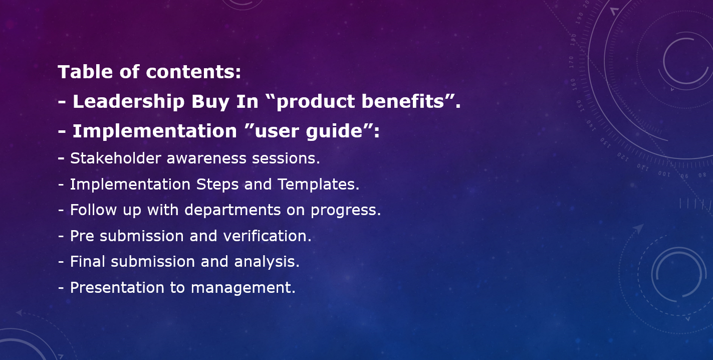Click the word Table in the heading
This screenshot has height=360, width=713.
[85, 71]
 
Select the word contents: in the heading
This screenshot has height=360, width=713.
[193, 72]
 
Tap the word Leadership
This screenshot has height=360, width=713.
[129, 101]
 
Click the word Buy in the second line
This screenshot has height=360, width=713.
[210, 102]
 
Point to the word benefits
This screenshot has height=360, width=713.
[403, 101]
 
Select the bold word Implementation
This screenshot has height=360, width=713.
[155, 131]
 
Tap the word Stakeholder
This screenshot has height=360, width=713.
[116, 158]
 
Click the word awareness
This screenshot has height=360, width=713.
[206, 158]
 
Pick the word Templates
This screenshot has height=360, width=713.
[318, 185]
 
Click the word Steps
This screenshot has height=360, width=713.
[217, 185]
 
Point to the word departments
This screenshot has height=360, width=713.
[232, 210]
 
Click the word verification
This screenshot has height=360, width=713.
[267, 236]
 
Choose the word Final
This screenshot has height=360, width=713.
[88, 262]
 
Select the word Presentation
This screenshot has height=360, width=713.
[117, 288]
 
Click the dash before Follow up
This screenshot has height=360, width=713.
[61, 211]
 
